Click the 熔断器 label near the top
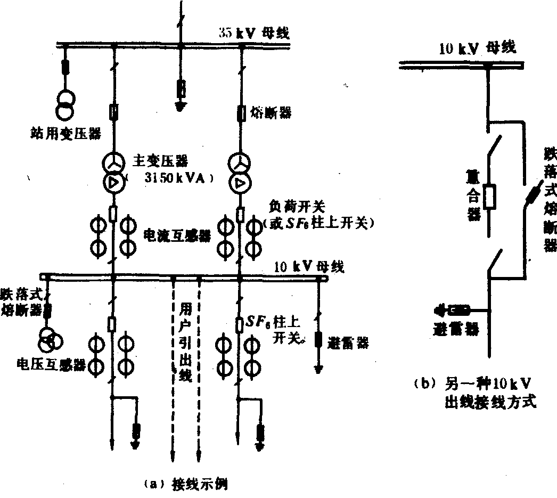tap(272, 112)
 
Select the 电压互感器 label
tap(50, 364)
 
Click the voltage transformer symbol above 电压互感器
tap(49, 339)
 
